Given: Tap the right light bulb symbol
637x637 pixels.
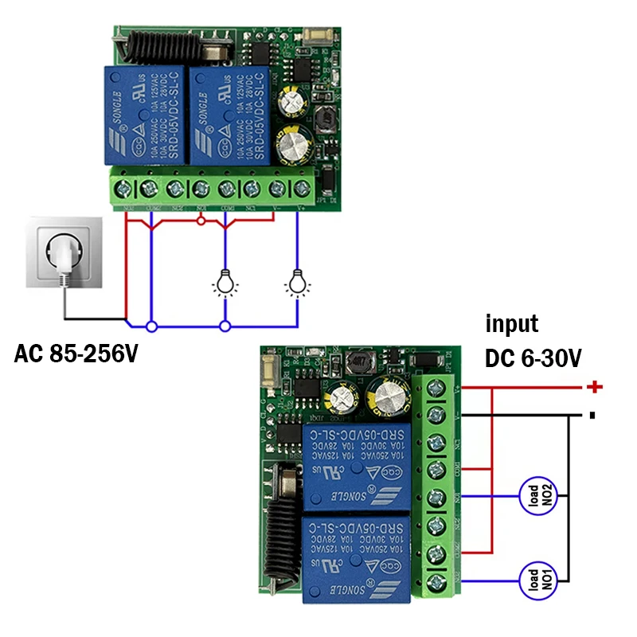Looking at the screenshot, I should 298,283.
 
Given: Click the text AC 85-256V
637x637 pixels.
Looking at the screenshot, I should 76,353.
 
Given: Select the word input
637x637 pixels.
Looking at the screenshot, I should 512,324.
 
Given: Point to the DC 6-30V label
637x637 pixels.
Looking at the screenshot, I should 533,359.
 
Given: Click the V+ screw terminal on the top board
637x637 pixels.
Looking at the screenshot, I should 301,189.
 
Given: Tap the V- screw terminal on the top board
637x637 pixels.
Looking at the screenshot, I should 276,189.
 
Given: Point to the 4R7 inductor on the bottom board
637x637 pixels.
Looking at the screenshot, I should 355,363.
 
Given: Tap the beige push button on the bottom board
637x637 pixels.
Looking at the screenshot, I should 269,370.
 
